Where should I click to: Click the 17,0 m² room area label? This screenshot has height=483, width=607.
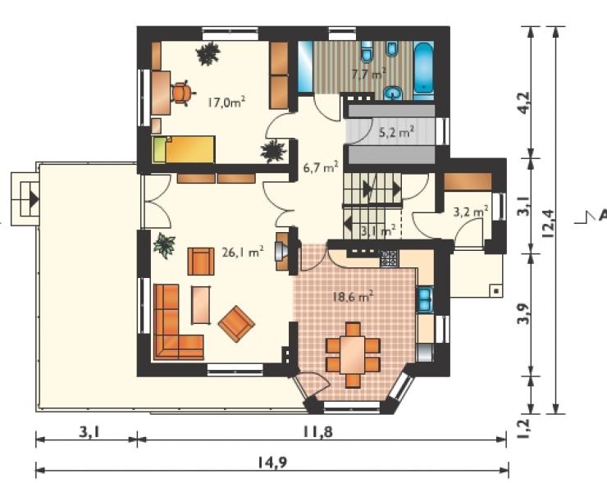(x=226, y=103)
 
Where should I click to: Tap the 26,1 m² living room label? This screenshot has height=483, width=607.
(x=243, y=252)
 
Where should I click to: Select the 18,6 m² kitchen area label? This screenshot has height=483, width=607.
(x=353, y=297)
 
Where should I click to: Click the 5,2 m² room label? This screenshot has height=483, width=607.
(x=396, y=132)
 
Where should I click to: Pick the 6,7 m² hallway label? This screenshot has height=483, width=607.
(x=321, y=167)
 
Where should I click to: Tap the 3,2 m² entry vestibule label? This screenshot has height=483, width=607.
(x=470, y=212)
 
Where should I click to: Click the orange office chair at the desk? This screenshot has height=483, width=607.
(x=181, y=93)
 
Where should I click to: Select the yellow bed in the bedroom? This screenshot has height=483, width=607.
(x=184, y=149)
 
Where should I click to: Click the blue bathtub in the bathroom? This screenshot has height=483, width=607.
(x=423, y=68)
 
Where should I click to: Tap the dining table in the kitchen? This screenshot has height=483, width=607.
(x=353, y=355)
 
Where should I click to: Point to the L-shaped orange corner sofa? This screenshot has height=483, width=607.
(x=173, y=325)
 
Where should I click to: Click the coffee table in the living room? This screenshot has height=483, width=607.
(x=201, y=305)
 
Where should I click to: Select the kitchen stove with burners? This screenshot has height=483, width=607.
(x=389, y=258)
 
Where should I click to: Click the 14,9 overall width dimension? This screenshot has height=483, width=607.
(x=273, y=462)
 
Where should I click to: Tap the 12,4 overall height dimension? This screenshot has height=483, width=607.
(x=549, y=223)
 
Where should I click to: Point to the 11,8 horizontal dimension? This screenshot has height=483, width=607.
(x=317, y=431)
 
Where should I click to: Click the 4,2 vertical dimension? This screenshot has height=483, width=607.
(x=524, y=103)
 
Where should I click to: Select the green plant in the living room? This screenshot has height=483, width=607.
(x=165, y=245)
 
